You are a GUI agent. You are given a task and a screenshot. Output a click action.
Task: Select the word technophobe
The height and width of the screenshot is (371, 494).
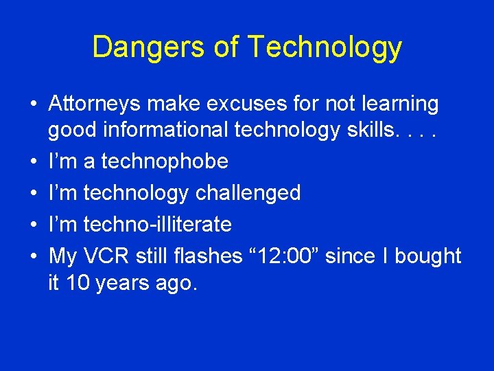164,161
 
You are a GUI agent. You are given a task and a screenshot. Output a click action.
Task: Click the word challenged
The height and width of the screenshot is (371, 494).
248,193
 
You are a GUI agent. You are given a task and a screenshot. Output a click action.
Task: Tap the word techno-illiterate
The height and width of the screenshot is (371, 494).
157,225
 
